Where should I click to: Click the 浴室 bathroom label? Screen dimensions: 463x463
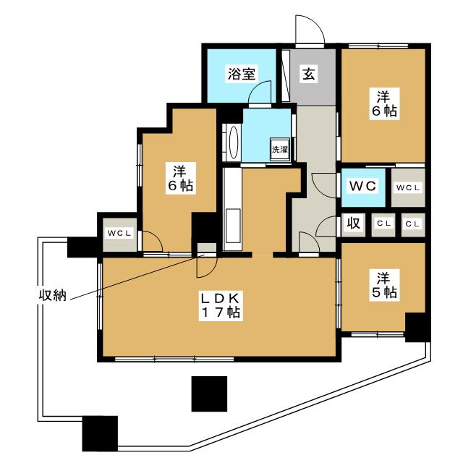tap(242, 74)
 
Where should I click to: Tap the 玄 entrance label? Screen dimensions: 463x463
tap(309, 74)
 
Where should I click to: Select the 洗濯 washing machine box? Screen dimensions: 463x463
tap(280, 150)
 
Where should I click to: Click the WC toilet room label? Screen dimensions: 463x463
tap(363, 186)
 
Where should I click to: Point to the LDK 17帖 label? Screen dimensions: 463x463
tap(220, 305)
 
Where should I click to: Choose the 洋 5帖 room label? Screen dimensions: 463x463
tap(384, 285)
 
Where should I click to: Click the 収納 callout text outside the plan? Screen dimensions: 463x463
tap(53, 294)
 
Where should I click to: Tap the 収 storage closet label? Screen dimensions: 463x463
tap(353, 223)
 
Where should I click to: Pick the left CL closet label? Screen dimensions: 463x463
tap(383, 224)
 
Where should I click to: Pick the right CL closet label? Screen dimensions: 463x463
tap(412, 224)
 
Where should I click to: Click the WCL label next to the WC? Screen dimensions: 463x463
tap(408, 187)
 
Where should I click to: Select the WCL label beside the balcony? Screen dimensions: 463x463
tap(119, 233)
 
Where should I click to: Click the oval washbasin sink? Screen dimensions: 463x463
tap(233, 143)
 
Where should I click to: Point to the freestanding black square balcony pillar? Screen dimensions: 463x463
tap(209, 394)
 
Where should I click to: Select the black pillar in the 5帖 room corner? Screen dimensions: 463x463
tap(417, 327)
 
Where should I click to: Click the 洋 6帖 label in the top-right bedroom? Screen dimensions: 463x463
tap(384, 103)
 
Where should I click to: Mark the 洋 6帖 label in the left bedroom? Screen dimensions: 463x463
tap(180, 178)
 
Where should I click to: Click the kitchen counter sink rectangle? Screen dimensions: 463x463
tap(233, 226)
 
